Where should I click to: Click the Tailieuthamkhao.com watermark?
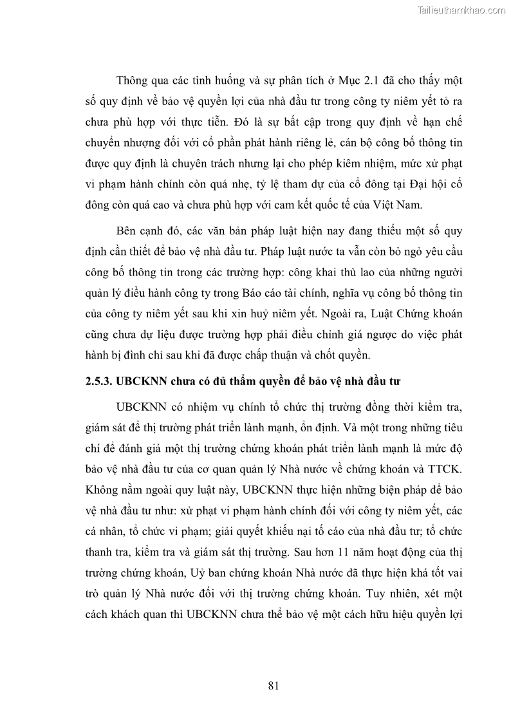coord(461,10)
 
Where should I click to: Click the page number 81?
coord(273,686)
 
